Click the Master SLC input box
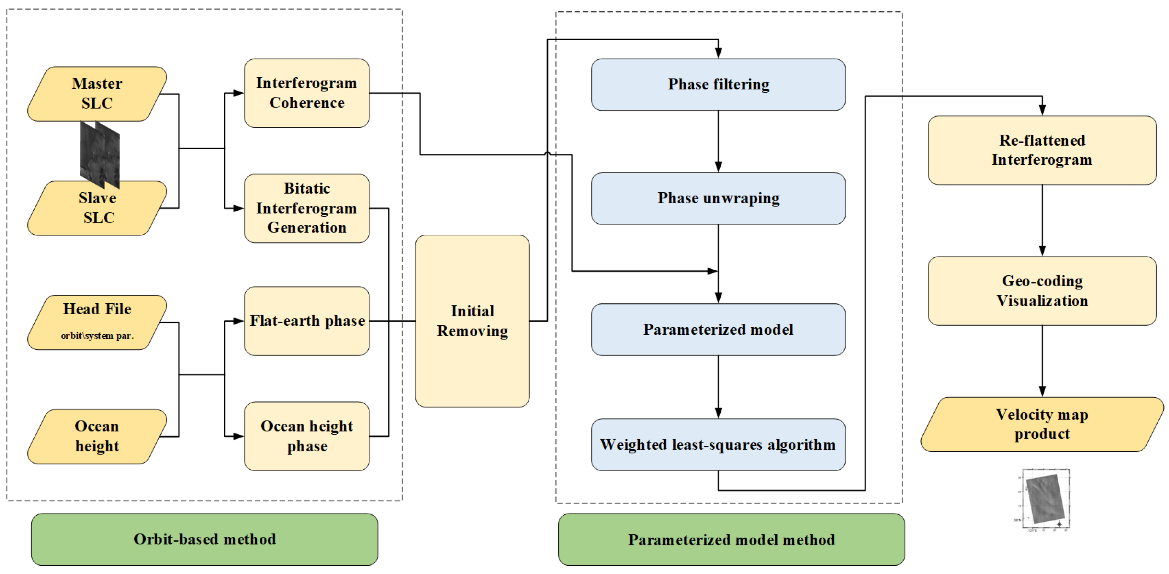click(97, 94)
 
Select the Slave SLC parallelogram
click(97, 209)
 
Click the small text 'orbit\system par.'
click(97, 336)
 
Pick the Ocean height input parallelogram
click(97, 436)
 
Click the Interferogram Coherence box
click(307, 93)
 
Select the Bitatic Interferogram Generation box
click(307, 208)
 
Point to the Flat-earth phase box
click(307, 321)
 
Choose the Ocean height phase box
click(307, 436)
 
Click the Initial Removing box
click(472, 321)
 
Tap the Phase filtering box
click(718, 84)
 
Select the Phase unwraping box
click(718, 199)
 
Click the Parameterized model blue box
click(718, 330)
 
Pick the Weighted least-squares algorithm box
click(718, 445)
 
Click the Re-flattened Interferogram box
click(1042, 150)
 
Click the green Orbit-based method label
click(204, 539)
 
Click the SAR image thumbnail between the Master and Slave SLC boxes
click(100, 154)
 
